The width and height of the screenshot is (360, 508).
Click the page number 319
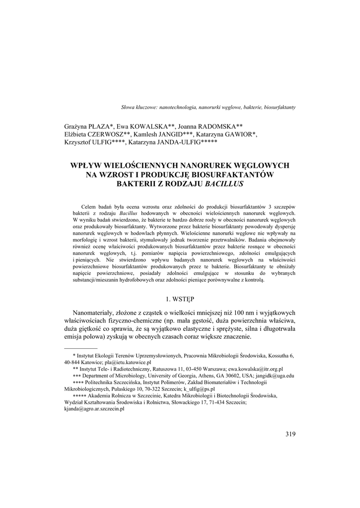[290, 434]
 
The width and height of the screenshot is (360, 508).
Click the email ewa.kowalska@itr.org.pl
[256, 369]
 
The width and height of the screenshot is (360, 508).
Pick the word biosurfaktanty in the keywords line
[280, 107]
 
